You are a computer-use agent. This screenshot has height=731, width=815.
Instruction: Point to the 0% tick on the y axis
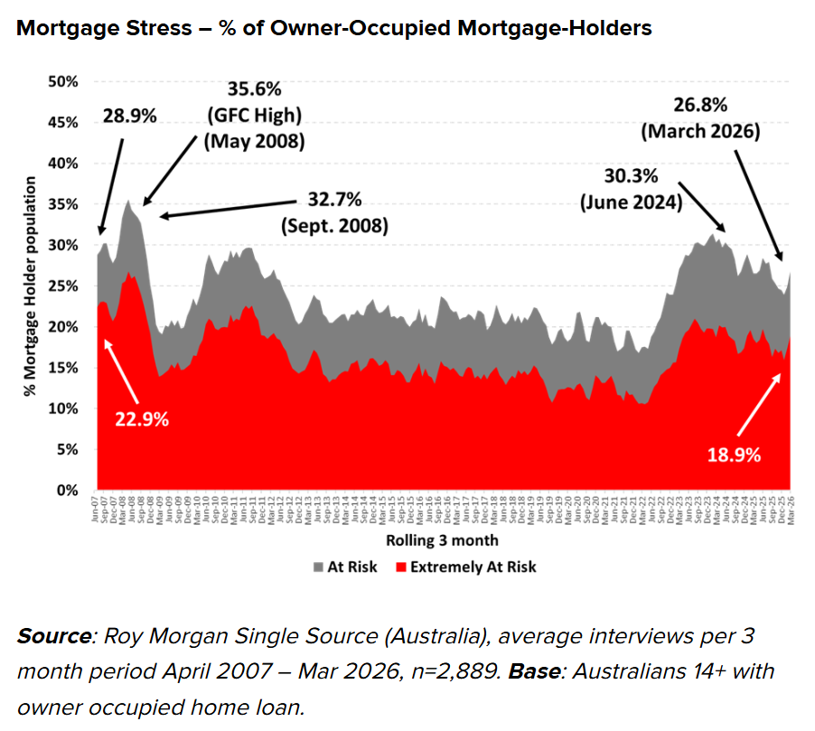tap(66, 491)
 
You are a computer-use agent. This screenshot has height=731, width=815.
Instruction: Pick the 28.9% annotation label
tap(128, 116)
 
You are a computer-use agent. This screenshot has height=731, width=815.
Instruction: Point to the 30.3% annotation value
tap(629, 177)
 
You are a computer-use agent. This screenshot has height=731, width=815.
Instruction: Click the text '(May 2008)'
tap(254, 143)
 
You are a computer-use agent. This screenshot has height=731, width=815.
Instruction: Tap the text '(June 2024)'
tap(630, 203)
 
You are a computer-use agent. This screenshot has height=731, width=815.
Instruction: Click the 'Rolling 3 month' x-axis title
tap(442, 540)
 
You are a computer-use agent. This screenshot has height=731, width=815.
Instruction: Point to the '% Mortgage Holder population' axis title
tap(30, 286)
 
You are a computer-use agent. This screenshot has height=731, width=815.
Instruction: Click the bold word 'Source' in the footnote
tap(52, 636)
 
